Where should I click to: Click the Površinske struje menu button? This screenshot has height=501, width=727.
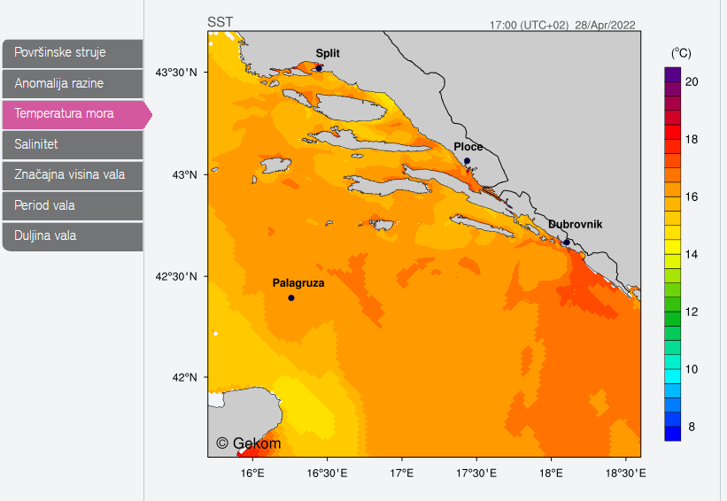click(x=73, y=53)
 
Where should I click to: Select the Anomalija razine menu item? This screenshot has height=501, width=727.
click(x=73, y=84)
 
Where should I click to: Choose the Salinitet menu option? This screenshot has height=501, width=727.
click(x=73, y=144)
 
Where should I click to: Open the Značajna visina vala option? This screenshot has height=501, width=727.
click(x=73, y=174)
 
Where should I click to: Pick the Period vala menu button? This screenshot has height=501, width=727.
click(x=73, y=205)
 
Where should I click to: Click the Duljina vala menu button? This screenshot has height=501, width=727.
click(x=73, y=235)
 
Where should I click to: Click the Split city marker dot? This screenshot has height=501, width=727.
click(x=319, y=68)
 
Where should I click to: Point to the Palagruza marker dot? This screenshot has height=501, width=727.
click(x=291, y=297)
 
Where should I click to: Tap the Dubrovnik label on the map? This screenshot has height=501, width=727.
click(x=575, y=225)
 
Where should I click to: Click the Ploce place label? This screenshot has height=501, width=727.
click(x=468, y=147)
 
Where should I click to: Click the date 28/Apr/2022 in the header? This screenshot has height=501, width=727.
click(x=605, y=25)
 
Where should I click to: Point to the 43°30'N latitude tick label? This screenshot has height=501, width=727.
click(x=176, y=72)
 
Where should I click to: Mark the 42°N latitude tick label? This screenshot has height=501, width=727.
click(x=182, y=378)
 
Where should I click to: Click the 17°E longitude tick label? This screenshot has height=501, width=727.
click(x=402, y=474)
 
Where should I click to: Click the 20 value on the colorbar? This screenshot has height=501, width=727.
click(x=692, y=81)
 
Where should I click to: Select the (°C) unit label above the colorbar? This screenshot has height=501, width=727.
click(x=681, y=53)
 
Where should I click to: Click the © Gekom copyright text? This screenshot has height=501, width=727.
click(x=249, y=443)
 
